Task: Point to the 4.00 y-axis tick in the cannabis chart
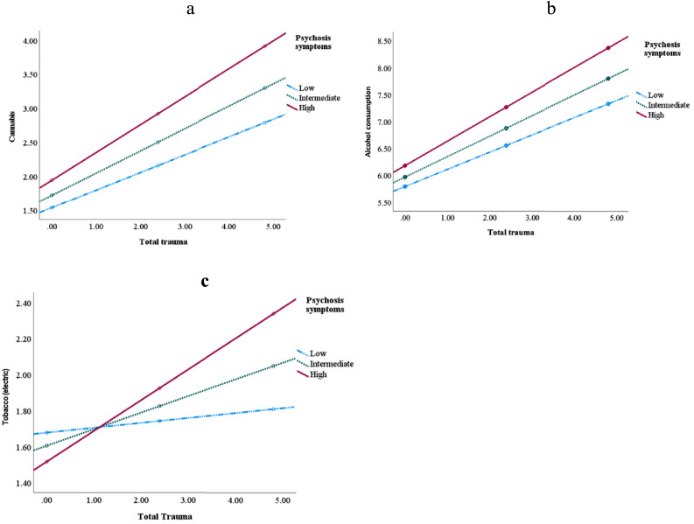(20, 41)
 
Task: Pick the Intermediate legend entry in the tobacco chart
(324, 363)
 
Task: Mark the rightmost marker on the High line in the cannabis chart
(264, 46)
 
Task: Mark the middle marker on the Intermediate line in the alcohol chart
(506, 129)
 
